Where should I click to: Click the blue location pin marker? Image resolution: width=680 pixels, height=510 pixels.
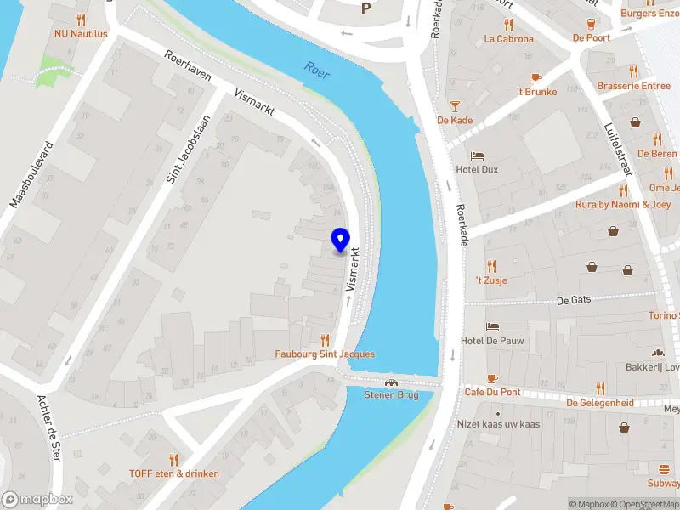click(341, 240)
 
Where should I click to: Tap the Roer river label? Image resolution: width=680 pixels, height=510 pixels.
click(317, 70)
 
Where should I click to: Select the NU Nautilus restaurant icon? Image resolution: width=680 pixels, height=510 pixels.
click(82, 19)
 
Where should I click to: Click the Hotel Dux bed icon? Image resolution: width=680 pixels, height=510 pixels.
click(478, 157)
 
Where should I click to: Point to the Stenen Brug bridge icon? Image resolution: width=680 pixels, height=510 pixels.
click(392, 382)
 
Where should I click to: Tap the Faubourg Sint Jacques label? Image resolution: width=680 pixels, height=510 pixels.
click(325, 354)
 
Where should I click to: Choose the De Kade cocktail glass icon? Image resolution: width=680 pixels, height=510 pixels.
click(455, 105)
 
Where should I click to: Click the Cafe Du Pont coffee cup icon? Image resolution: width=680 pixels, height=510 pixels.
click(491, 378)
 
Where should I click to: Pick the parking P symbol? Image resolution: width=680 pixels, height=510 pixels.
click(366, 8)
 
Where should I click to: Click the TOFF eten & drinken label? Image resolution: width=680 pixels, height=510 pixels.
click(174, 473)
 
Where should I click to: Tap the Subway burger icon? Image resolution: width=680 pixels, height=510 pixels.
click(664, 469)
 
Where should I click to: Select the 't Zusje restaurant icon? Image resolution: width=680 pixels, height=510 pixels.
click(491, 266)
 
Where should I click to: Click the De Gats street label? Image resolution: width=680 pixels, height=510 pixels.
click(574, 300)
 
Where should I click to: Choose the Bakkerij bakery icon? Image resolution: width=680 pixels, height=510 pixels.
click(656, 353)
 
